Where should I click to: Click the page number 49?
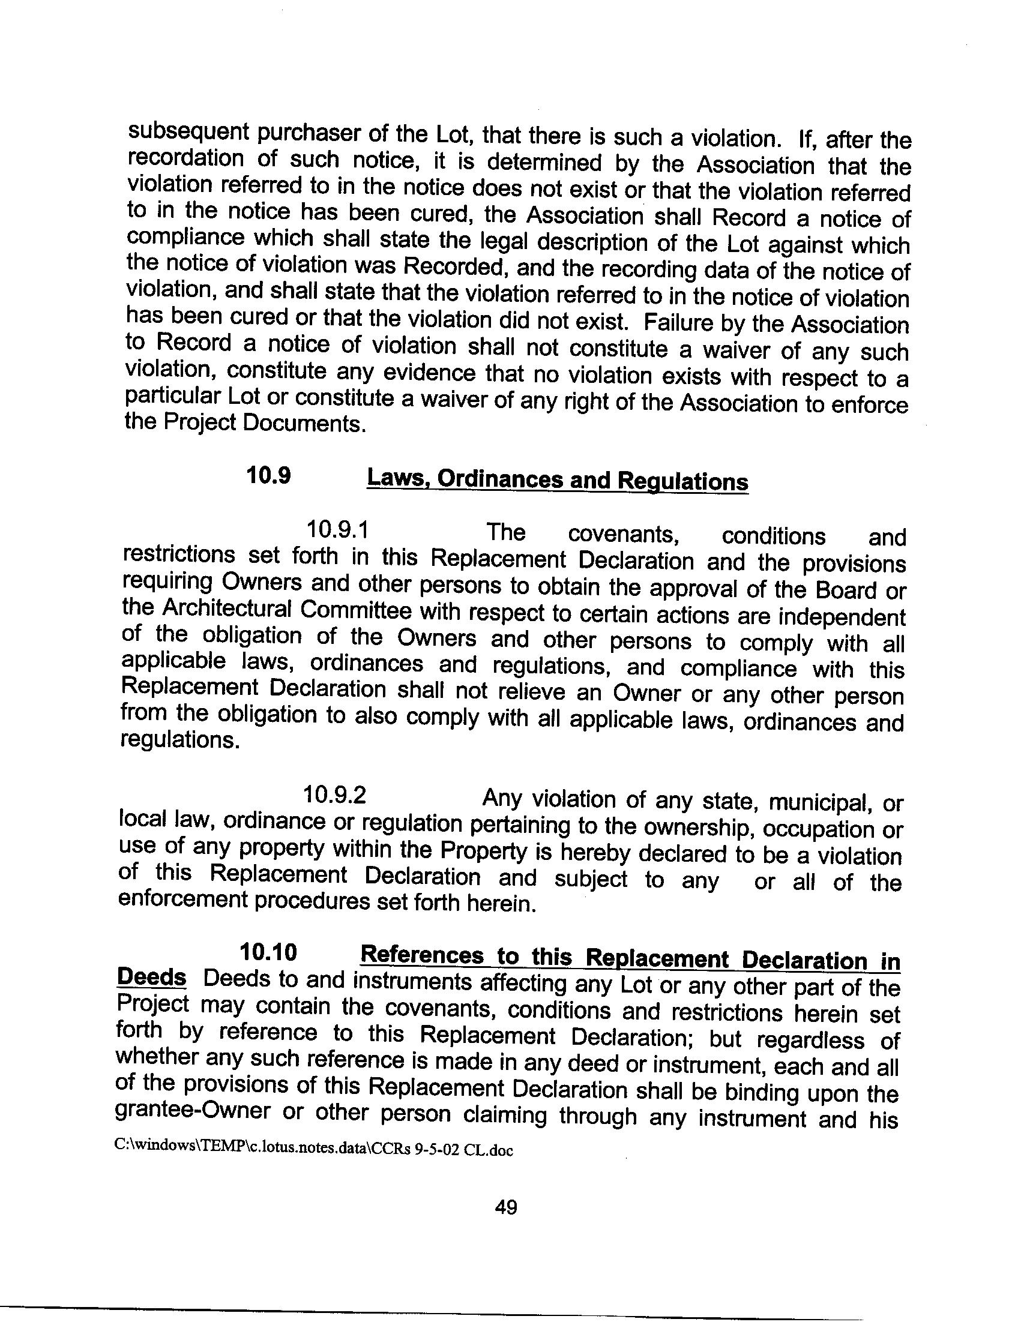[505, 1207]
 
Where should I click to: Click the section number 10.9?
[268, 476]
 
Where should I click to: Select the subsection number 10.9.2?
[334, 795]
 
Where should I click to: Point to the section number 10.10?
[268, 952]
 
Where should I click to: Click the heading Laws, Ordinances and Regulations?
[558, 480]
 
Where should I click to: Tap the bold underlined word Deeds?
[151, 977]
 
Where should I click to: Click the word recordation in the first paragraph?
[184, 158]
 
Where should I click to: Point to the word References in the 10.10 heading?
[422, 955]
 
